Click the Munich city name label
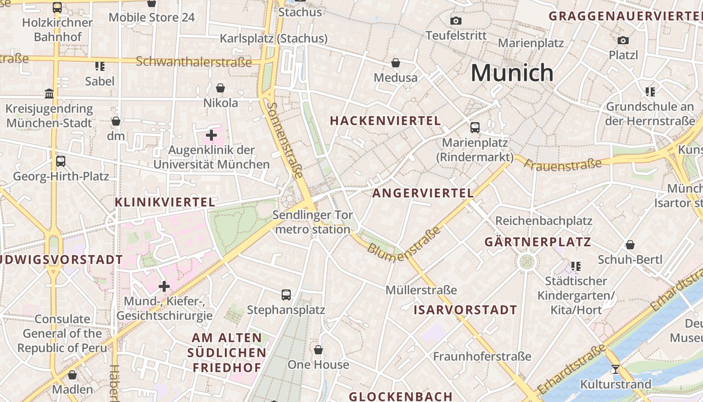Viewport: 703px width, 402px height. click(x=512, y=73)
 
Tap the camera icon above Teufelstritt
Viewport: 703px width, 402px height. click(x=455, y=21)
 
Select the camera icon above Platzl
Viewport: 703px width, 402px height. click(x=623, y=40)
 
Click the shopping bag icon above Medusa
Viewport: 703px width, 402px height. click(x=396, y=63)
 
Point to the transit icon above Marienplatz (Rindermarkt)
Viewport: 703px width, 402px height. click(x=475, y=128)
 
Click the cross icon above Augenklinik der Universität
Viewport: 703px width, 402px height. click(x=211, y=135)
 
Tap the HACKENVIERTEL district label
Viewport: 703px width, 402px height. click(x=385, y=121)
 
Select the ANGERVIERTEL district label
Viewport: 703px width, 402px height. click(x=423, y=193)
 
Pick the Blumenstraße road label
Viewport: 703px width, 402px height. click(x=404, y=244)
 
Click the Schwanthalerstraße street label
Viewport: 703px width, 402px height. click(x=193, y=62)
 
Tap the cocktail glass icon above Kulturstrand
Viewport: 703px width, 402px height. click(x=615, y=369)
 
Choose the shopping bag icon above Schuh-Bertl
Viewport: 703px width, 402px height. click(x=630, y=245)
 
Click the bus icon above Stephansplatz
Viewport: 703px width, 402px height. click(x=286, y=295)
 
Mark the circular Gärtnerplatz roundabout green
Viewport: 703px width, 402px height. click(x=526, y=261)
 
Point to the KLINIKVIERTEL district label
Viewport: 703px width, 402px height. click(x=165, y=203)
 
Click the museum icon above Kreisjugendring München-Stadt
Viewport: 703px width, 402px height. click(x=49, y=93)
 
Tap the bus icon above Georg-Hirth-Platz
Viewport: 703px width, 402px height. click(x=61, y=161)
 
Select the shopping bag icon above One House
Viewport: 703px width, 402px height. click(x=318, y=350)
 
